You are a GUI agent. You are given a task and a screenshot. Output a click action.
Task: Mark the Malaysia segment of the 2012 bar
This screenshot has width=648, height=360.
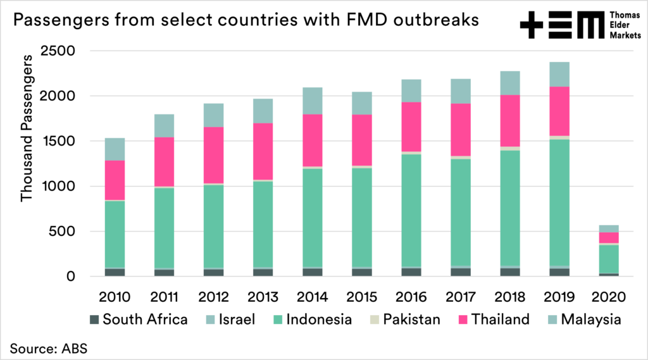(214, 115)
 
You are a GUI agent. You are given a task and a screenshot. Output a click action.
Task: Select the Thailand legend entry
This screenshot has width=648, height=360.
(501, 319)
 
